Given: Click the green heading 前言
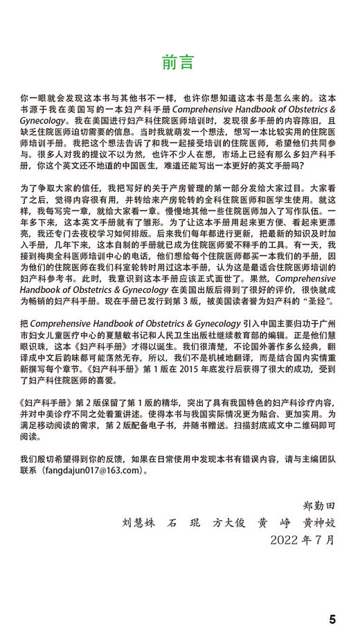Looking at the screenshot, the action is (179, 62).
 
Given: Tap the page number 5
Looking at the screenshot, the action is (332, 619).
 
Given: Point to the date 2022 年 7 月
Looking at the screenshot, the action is (303, 538).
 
